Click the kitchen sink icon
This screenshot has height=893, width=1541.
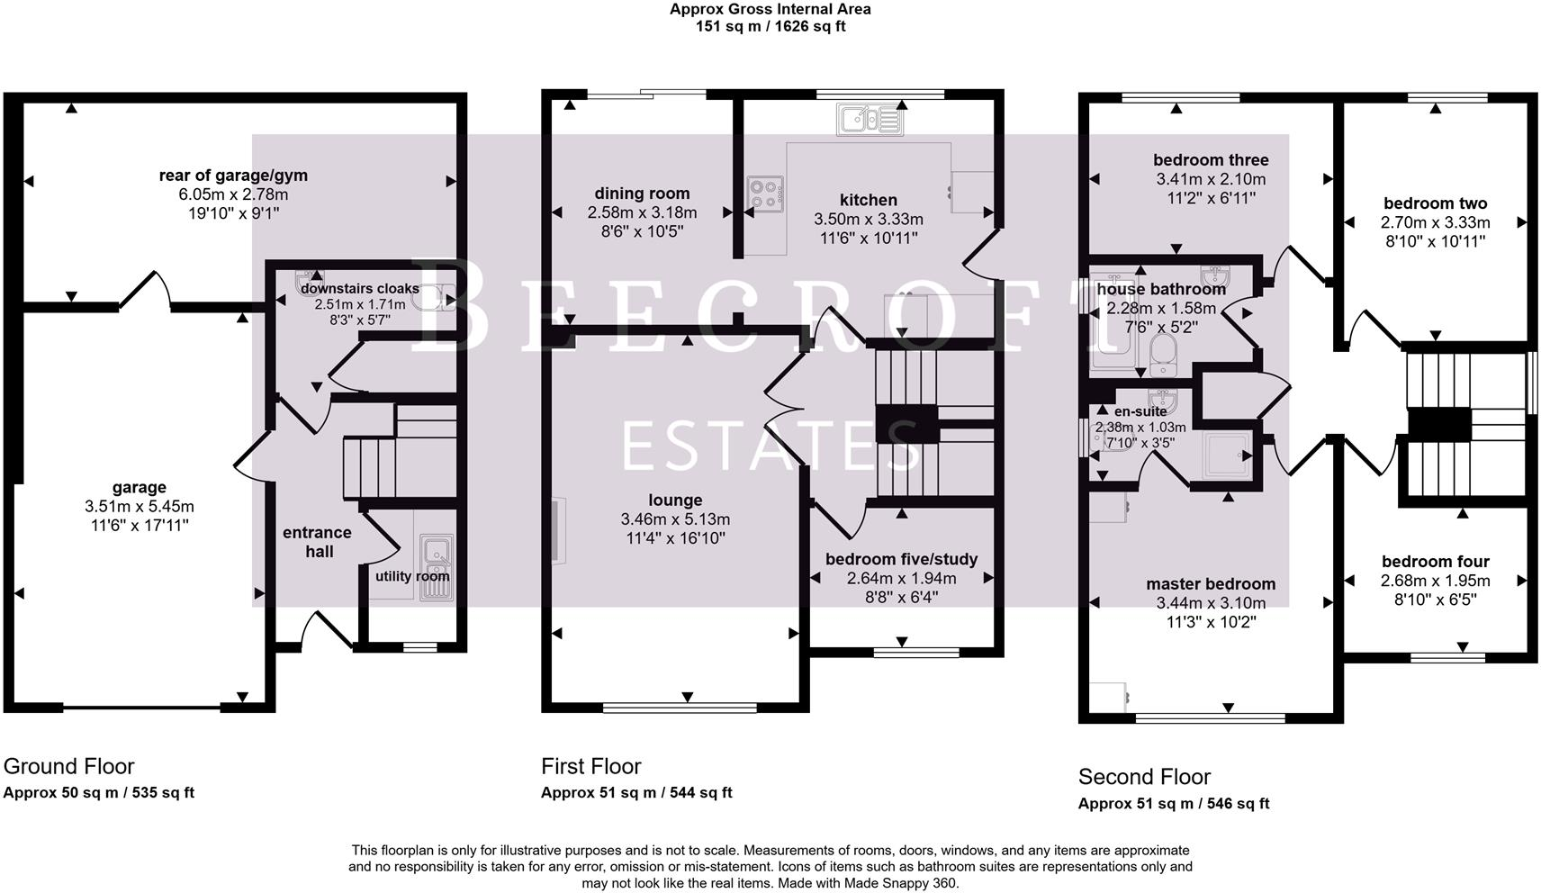click(x=869, y=120)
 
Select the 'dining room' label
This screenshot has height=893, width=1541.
click(x=642, y=194)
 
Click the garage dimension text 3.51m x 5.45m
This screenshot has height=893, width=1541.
click(x=139, y=507)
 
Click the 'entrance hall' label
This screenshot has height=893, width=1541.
click(x=317, y=542)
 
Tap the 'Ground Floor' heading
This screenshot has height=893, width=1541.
click(x=68, y=766)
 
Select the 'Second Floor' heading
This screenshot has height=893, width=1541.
click(x=1144, y=777)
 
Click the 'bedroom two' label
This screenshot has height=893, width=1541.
click(x=1435, y=203)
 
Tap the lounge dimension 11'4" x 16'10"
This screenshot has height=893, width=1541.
click(x=675, y=538)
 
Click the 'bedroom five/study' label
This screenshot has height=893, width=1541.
click(x=901, y=559)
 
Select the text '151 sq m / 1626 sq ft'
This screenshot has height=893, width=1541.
click(x=770, y=26)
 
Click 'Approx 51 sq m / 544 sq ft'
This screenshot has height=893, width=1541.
click(x=635, y=793)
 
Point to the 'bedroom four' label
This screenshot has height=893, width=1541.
click(x=1435, y=562)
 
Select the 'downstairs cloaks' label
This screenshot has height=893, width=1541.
click(x=359, y=289)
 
